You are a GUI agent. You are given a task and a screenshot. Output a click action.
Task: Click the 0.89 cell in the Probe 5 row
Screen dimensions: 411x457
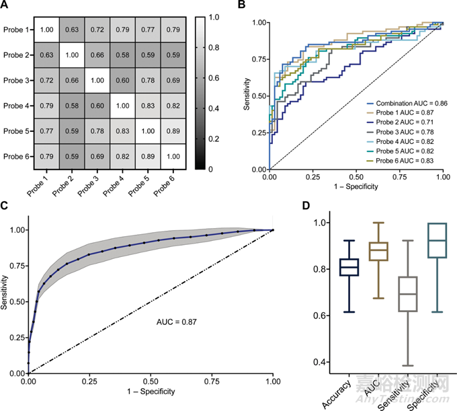tap(176, 133)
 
